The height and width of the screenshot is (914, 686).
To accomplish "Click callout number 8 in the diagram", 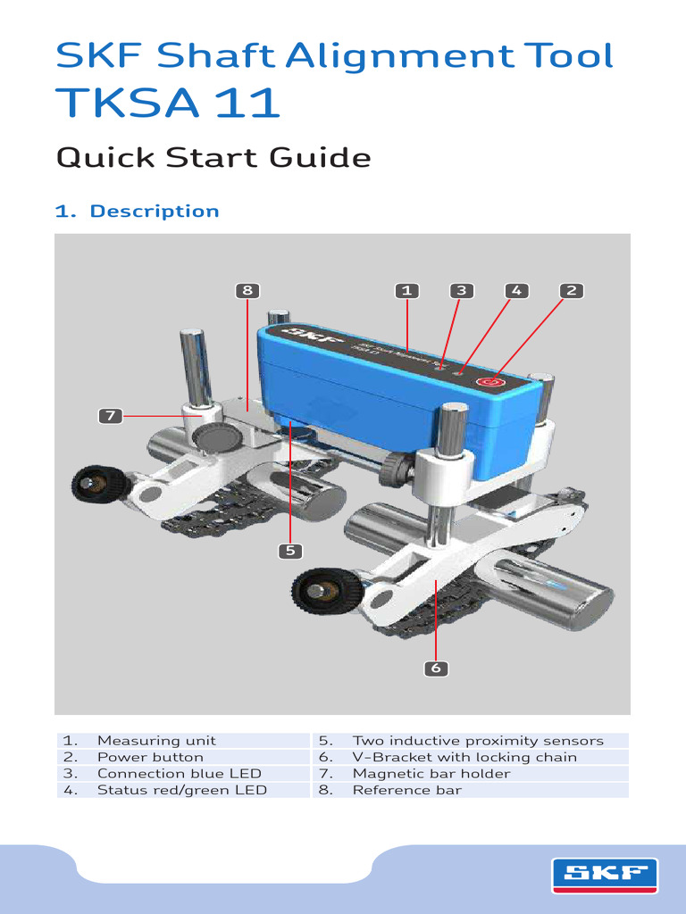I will (x=247, y=290).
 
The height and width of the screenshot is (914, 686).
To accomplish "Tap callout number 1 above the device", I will (x=406, y=290).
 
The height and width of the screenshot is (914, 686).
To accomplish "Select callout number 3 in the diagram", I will (x=461, y=290).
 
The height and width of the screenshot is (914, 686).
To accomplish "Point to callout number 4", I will (x=516, y=290).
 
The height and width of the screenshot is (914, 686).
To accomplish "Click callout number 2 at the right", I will (x=572, y=290).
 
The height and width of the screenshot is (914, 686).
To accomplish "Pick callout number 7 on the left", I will (x=110, y=415).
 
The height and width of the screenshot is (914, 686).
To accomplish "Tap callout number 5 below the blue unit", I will (x=289, y=551).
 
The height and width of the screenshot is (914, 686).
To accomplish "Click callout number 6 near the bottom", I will (x=436, y=668).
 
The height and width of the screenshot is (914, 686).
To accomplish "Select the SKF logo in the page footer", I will (x=605, y=874).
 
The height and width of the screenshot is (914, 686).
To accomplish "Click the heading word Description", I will (x=155, y=212).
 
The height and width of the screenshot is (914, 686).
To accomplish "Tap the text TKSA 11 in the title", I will (x=168, y=104).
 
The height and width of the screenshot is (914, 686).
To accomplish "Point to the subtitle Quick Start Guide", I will (x=213, y=158).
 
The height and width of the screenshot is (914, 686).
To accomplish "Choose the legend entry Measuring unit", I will (x=156, y=741).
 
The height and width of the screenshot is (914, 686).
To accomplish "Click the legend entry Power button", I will (x=150, y=757).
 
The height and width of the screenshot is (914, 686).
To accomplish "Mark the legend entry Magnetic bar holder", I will (x=431, y=774).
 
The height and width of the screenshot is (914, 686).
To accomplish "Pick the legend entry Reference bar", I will (x=407, y=790).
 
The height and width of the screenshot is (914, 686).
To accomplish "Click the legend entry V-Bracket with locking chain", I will (x=464, y=757).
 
